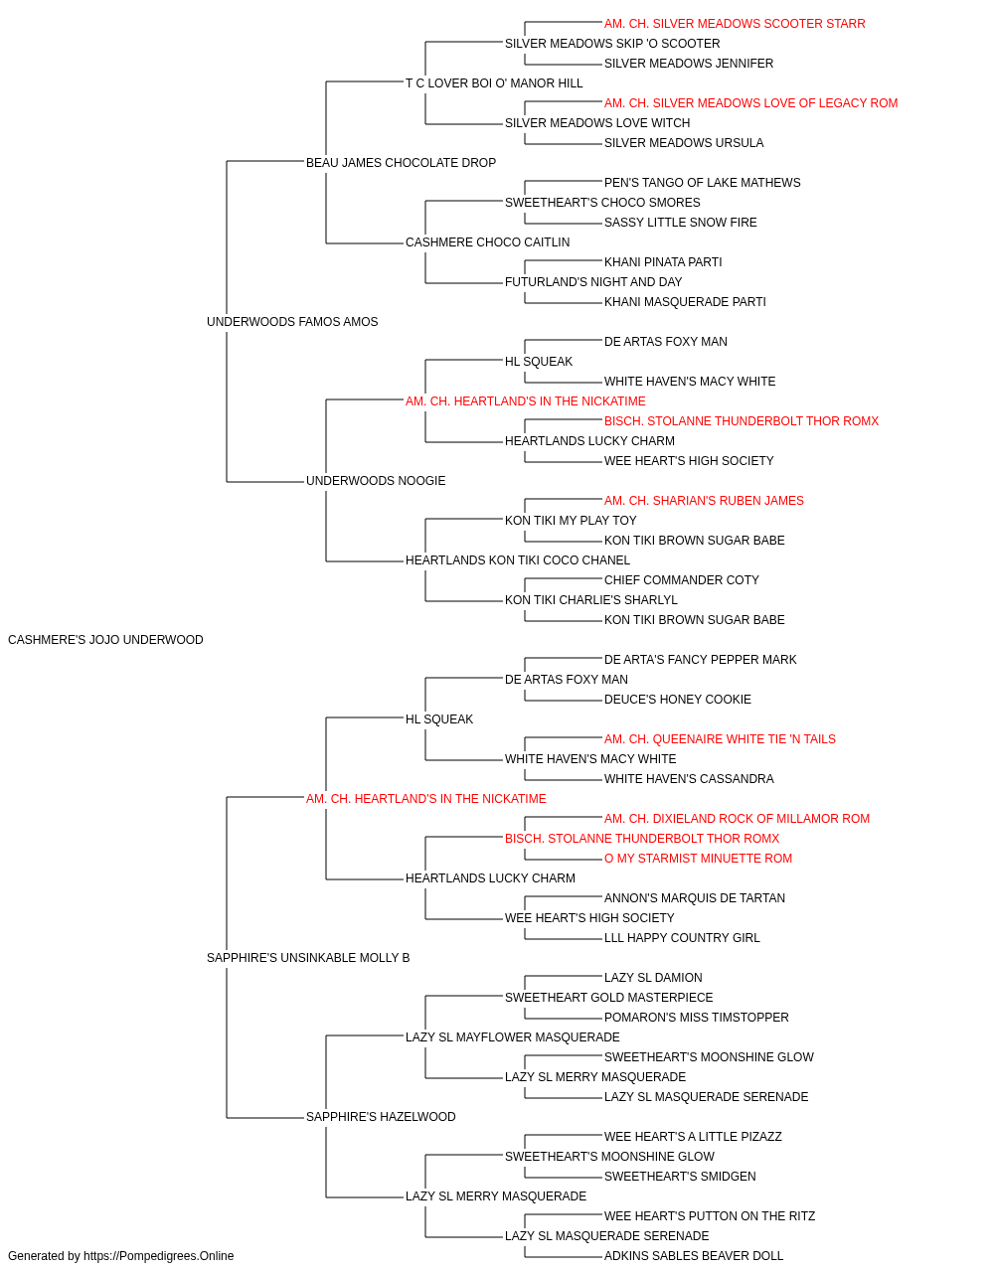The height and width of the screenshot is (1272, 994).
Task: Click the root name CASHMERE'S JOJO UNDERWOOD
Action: (x=105, y=640)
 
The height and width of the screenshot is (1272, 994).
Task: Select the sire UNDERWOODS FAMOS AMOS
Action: (x=292, y=322)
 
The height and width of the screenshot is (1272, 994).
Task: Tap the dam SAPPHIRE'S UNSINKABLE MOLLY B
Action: (x=308, y=958)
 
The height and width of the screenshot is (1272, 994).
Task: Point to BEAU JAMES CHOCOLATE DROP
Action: (x=401, y=163)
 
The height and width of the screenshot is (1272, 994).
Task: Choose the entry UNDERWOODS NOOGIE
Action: (x=376, y=481)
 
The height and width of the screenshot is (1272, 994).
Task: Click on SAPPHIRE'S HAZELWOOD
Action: (x=381, y=1117)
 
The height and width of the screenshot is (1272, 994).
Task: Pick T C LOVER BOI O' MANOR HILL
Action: (x=494, y=83)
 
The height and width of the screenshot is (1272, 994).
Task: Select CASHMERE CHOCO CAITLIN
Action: (x=487, y=242)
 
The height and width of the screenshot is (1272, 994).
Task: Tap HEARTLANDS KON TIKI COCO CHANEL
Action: (x=518, y=560)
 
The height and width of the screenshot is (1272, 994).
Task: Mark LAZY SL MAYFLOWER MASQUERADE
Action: (x=512, y=1037)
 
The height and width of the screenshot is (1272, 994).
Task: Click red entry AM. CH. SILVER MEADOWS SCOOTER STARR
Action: (x=735, y=24)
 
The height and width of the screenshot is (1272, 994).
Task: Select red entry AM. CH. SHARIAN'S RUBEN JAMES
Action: (x=704, y=501)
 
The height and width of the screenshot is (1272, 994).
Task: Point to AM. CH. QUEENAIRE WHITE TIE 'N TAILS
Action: (x=720, y=739)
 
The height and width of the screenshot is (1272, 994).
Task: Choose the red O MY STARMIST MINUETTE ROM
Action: (x=698, y=859)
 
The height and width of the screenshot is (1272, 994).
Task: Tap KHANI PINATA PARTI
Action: (x=663, y=262)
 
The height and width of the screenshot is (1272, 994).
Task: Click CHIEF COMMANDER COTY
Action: (x=682, y=580)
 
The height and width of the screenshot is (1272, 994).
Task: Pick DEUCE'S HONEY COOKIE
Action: (x=677, y=700)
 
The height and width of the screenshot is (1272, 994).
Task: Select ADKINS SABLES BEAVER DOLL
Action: (x=693, y=1256)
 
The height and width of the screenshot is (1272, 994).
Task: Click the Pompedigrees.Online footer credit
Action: (x=120, y=1256)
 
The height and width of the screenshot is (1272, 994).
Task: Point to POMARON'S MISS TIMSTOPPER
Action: (x=696, y=1018)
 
